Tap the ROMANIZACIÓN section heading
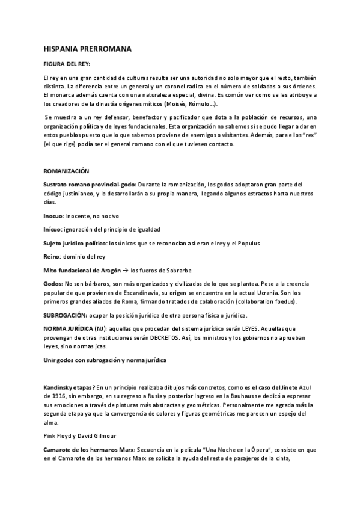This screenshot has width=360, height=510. coord(66,171)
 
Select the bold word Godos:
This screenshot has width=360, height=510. coord(53,283)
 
